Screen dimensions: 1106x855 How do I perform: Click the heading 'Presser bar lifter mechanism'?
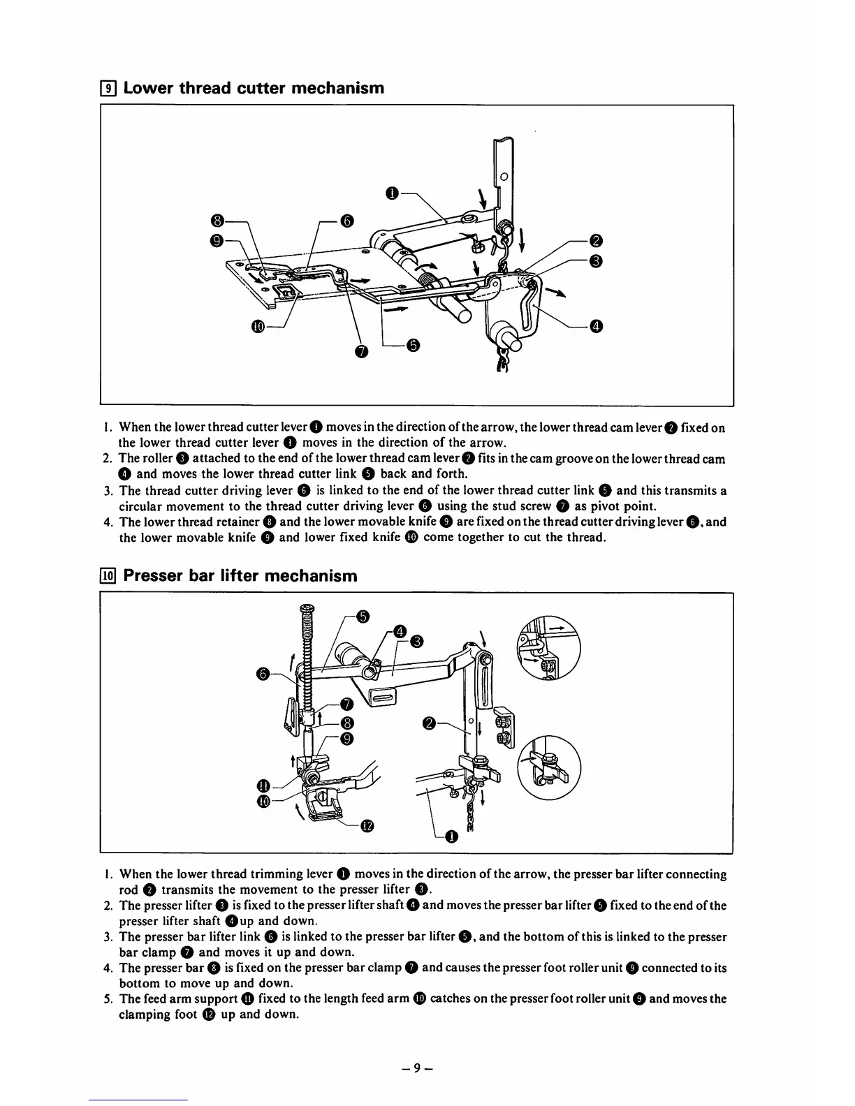click(x=240, y=576)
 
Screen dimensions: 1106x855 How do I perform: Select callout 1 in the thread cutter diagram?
click(x=393, y=193)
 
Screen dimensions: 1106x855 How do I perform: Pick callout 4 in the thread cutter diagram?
click(x=596, y=326)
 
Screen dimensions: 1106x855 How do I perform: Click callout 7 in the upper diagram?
click(x=360, y=351)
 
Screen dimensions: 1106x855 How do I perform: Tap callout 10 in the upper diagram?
click(x=258, y=327)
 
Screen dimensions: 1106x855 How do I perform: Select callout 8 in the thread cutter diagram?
click(x=218, y=221)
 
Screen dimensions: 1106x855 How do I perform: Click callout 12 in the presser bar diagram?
click(x=367, y=827)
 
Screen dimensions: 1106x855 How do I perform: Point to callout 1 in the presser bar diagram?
click(x=451, y=837)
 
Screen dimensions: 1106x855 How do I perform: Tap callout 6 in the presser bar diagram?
click(x=263, y=674)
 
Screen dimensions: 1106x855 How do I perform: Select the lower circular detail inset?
click(x=548, y=767)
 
